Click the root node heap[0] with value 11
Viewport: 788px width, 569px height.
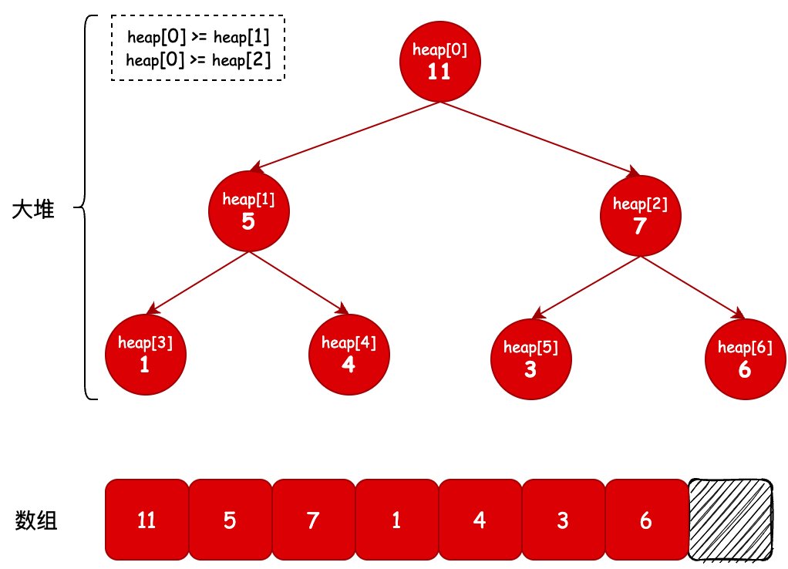pos(439,62)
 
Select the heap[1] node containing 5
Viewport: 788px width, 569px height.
pos(249,211)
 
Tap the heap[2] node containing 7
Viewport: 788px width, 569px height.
pos(640,216)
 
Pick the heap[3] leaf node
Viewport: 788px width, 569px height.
pos(146,355)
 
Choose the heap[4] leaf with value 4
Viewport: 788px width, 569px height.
pos(349,355)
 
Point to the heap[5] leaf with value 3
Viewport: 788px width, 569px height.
pos(531,359)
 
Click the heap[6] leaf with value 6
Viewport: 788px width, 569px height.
pos(746,359)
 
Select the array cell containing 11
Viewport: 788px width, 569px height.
pos(146,520)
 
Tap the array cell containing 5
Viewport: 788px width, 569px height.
pos(231,520)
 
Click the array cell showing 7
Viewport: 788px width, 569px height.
pos(314,520)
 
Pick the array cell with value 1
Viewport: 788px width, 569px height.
pos(397,520)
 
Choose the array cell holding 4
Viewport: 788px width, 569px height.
pos(480,520)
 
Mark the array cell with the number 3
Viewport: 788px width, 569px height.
pos(564,520)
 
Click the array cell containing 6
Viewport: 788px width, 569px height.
pos(646,520)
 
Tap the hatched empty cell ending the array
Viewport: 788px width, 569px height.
pos(730,520)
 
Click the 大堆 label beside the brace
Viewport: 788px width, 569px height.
pos(33,209)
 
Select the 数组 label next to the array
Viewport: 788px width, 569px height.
pos(35,520)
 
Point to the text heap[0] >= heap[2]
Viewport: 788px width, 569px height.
pos(198,60)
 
